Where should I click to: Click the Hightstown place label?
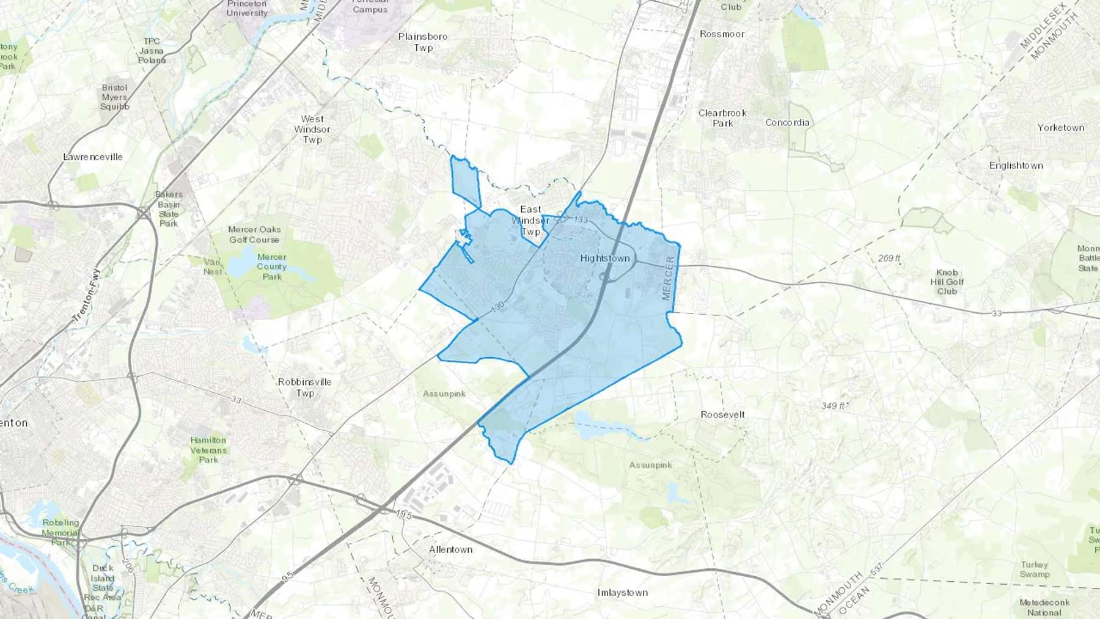pyautogui.click(x=605, y=258)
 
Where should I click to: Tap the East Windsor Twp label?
pyautogui.click(x=530, y=221)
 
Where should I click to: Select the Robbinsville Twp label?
pyautogui.click(x=305, y=387)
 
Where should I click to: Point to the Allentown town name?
pyautogui.click(x=450, y=549)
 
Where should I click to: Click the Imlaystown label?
pyautogui.click(x=622, y=593)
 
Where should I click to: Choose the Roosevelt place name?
pyautogui.click(x=722, y=414)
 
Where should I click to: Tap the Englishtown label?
pyautogui.click(x=1016, y=166)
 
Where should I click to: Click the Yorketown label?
pyautogui.click(x=1060, y=128)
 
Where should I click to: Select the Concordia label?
pyautogui.click(x=787, y=123)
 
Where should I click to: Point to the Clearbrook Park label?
pyautogui.click(x=722, y=118)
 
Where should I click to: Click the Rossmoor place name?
pyautogui.click(x=722, y=34)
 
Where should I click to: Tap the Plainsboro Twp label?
pyautogui.click(x=423, y=42)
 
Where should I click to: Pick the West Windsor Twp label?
pyautogui.click(x=312, y=130)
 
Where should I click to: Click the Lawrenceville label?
pyautogui.click(x=93, y=157)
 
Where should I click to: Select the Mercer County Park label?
pyautogui.click(x=271, y=266)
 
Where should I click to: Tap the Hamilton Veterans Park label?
pyautogui.click(x=208, y=450)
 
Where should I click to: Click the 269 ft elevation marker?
pyautogui.click(x=889, y=258)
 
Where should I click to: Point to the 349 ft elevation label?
pyautogui.click(x=834, y=406)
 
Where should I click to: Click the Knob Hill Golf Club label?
pyautogui.click(x=947, y=282)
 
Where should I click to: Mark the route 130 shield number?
pyautogui.click(x=497, y=305)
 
